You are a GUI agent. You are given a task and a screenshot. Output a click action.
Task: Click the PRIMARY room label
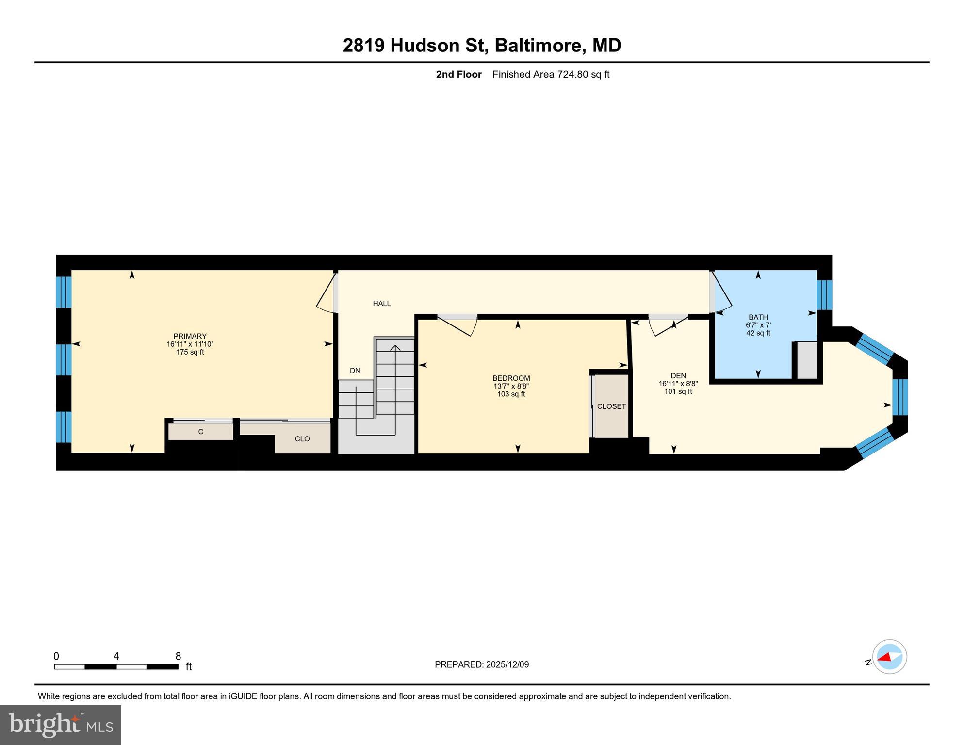(x=190, y=336)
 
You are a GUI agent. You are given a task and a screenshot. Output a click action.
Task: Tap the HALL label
(x=382, y=304)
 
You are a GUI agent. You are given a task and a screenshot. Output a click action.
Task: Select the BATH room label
(x=758, y=317)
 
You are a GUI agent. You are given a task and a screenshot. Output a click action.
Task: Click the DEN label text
(x=678, y=375)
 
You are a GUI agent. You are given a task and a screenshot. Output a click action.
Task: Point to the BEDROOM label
(x=511, y=378)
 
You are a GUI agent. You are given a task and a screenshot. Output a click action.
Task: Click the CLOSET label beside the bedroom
(x=611, y=406)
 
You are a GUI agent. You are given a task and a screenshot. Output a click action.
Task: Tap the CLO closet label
(x=302, y=439)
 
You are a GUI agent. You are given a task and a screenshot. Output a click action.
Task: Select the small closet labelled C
(x=200, y=432)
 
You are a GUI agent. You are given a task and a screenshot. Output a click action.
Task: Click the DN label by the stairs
(x=355, y=371)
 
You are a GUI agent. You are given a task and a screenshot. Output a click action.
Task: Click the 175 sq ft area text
(x=190, y=352)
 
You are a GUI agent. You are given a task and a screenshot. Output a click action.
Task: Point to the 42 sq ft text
(x=758, y=333)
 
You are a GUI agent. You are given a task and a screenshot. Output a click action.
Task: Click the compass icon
(x=889, y=657)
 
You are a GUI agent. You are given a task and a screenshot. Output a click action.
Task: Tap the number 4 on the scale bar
(x=116, y=656)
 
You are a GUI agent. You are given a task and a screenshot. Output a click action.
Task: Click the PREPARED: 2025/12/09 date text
(x=481, y=664)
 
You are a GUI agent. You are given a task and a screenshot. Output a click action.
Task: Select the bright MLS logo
(x=61, y=725)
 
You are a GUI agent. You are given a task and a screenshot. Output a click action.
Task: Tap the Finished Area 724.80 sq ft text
(x=551, y=74)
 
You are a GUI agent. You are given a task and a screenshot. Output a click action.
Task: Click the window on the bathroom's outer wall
(x=824, y=295)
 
